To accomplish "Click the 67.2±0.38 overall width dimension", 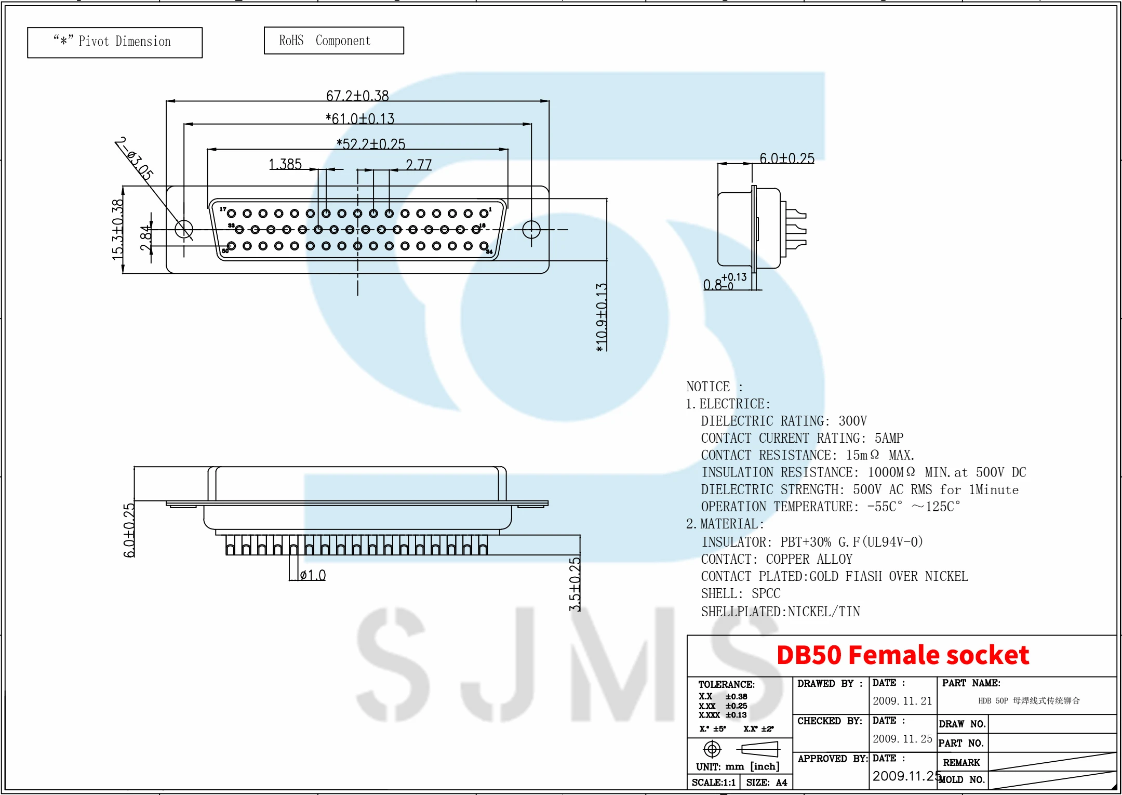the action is click(x=357, y=96).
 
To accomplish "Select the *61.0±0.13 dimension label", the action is click(x=360, y=119).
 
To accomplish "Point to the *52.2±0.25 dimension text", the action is click(x=371, y=144).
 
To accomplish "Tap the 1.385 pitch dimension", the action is click(x=285, y=164).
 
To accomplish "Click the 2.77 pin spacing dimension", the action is click(x=419, y=165).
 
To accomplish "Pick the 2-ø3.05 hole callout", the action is click(x=135, y=158).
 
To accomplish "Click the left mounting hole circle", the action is click(x=184, y=229).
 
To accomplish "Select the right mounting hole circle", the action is click(x=531, y=229).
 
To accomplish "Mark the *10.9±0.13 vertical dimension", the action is click(x=602, y=317).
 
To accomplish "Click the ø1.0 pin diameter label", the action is click(x=313, y=575).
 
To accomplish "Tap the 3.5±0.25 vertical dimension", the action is click(x=575, y=584).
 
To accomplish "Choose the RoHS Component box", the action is click(x=333, y=41).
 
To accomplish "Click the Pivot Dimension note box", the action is click(x=115, y=42).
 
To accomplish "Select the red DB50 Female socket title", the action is click(x=903, y=655).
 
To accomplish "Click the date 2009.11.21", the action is click(x=902, y=701).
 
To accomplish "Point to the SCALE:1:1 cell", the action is click(x=714, y=783).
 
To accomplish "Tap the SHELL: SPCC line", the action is click(x=740, y=594).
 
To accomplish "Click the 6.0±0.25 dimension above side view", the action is click(x=787, y=158).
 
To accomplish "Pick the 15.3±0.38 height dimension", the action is click(x=118, y=229).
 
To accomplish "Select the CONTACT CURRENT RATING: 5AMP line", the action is click(x=802, y=438).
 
